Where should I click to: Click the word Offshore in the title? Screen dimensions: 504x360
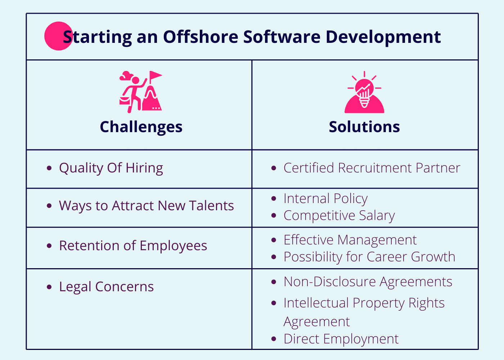click(201, 37)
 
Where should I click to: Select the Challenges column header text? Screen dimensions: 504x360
click(141, 127)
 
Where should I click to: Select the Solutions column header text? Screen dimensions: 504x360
click(364, 127)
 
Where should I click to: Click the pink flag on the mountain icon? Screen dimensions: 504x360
click(156, 75)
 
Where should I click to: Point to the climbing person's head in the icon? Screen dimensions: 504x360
click(135, 80)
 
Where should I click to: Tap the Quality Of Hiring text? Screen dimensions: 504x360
click(111, 168)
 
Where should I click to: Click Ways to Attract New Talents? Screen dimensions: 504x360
click(147, 206)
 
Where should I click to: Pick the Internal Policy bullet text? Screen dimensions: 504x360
click(325, 199)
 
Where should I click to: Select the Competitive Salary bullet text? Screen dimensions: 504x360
click(339, 216)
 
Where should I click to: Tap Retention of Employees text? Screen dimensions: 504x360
click(133, 246)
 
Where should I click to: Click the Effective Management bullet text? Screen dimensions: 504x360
click(350, 240)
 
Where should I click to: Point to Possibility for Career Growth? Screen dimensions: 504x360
click(369, 257)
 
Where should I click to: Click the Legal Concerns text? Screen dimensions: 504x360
click(106, 287)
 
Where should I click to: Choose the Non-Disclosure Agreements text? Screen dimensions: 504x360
click(368, 282)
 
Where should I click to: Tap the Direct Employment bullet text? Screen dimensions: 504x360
click(341, 339)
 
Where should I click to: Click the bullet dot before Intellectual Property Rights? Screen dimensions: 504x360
click(274, 303)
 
